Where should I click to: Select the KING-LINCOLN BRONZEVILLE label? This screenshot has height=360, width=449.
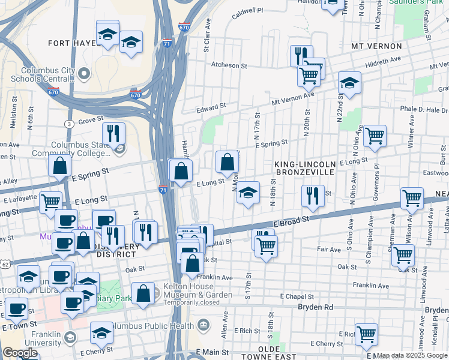(304, 168)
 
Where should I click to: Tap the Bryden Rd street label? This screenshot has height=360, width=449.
(315, 307)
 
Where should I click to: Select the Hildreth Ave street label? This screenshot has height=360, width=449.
(382, 60)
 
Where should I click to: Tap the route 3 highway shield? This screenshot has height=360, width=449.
(70, 124)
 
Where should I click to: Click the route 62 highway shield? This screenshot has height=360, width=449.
(5, 263)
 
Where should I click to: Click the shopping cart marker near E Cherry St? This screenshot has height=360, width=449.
(366, 334)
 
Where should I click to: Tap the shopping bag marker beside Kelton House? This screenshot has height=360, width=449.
(143, 295)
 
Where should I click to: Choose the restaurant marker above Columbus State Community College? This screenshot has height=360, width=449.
(113, 133)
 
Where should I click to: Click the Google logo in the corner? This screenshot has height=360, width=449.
(20, 353)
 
